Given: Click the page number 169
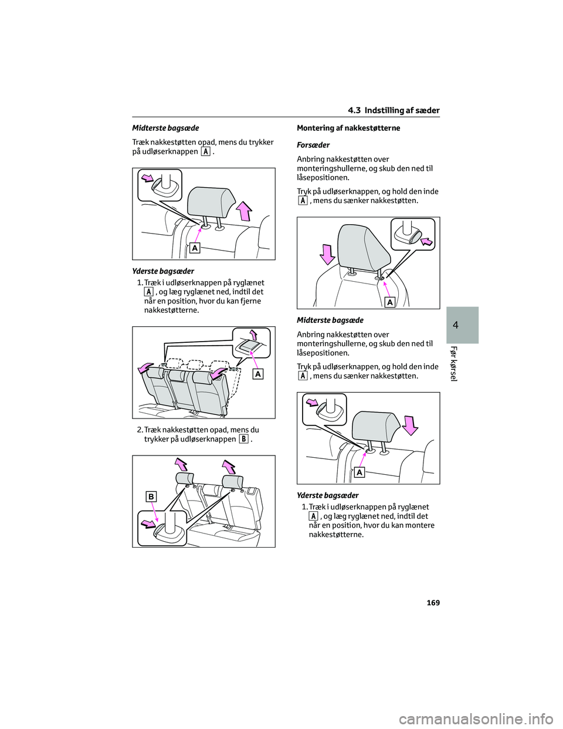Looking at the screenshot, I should coord(433,603).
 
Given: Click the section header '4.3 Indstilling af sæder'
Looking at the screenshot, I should coord(394,110).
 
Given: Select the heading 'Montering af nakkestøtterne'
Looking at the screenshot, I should coord(348,128).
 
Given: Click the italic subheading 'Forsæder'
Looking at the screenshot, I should coord(313,145).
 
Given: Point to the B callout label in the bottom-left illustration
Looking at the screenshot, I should coord(151,497).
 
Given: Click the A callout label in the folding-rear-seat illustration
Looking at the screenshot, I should coord(257,374).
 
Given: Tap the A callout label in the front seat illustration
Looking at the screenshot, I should coord(389,302).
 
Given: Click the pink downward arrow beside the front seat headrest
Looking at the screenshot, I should coord(327,254).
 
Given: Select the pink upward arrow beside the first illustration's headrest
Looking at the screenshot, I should coord(244,210).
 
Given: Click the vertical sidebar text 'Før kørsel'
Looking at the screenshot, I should coord(453,363).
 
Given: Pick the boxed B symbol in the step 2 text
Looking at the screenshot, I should coord(243,439).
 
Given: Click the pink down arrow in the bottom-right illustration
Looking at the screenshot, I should coord(410,424).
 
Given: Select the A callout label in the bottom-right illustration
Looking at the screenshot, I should coord(359,473).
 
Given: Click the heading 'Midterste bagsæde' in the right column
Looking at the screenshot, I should coord(330,320).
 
